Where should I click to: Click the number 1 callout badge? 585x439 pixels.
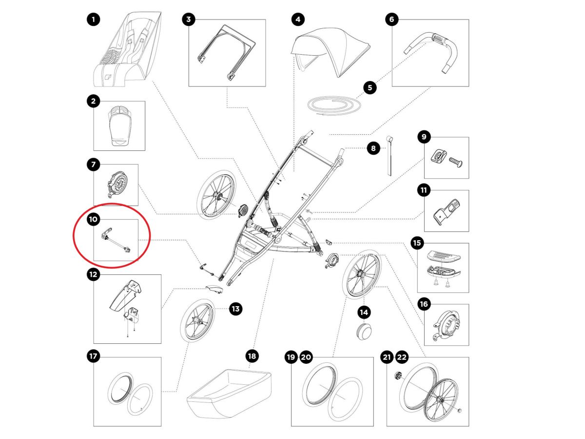(94, 20)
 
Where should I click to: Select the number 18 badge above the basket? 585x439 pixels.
(252, 356)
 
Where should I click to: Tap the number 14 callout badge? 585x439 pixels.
(364, 312)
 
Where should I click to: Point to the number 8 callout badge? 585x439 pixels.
(373, 148)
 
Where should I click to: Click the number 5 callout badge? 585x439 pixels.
(370, 88)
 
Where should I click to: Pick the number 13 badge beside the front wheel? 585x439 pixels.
(235, 309)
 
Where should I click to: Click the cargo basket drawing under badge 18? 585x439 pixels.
(229, 393)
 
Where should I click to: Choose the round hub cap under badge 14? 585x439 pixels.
(364, 331)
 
